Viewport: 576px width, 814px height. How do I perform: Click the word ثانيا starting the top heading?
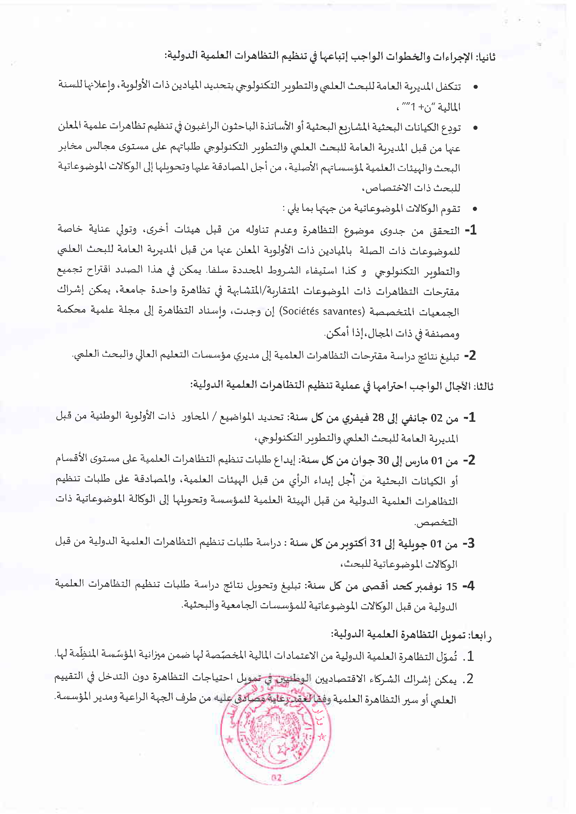click(485, 57)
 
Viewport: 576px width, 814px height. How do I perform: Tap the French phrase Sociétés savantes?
click(322, 311)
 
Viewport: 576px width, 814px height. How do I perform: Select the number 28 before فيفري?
click(378, 418)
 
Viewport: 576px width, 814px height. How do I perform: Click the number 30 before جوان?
click(383, 460)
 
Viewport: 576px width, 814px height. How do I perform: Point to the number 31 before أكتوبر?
click(375, 543)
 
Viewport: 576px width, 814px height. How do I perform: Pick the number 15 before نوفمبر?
click(452, 586)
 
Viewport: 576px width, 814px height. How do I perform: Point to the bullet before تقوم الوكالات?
click(475, 209)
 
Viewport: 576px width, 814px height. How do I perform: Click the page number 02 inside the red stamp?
click(276, 778)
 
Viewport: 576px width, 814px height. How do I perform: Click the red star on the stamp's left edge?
click(229, 740)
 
